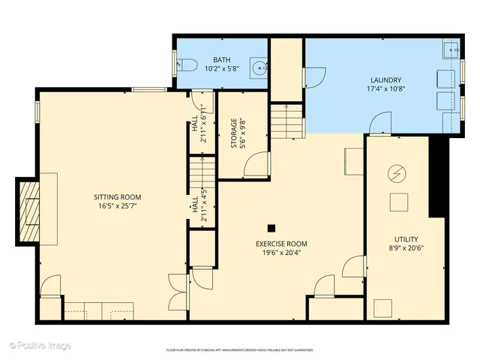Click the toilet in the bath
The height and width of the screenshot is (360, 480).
(188, 65)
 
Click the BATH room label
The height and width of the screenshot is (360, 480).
(222, 59)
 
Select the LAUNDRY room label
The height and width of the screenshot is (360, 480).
(385, 80)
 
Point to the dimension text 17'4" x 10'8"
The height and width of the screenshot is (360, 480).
(385, 89)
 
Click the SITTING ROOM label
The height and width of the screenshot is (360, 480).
(112, 197)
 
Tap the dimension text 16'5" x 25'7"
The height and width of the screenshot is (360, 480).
(112, 206)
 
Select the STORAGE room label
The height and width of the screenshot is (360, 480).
(235, 133)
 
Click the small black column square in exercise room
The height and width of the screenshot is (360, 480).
(271, 228)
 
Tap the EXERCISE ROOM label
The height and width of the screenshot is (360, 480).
(281, 244)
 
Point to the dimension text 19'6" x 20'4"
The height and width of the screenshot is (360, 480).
(281, 253)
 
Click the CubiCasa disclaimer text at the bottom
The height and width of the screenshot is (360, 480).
(240, 350)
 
